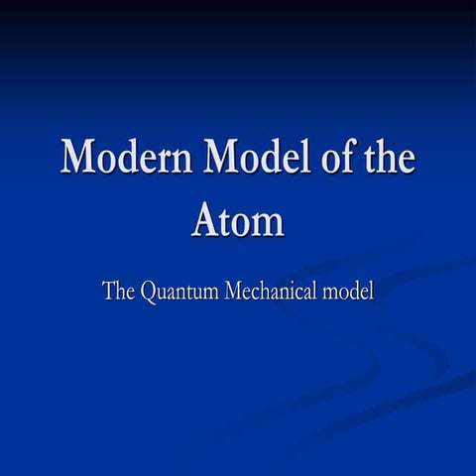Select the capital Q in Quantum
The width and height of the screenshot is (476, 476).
(x=150, y=293)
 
